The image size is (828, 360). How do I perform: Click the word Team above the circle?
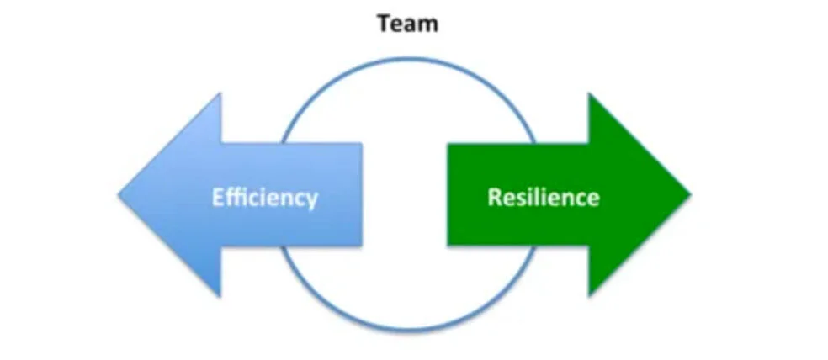408,24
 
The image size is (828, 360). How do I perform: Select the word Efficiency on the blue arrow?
264,198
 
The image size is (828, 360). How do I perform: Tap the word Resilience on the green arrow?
544,198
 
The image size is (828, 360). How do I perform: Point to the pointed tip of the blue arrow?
119,195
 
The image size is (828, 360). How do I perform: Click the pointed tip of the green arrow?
690,195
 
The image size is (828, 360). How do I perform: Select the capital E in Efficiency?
215,198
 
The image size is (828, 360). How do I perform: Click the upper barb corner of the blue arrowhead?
220,93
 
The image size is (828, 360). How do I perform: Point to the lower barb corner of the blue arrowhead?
220,297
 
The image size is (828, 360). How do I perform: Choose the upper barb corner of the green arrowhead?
589,93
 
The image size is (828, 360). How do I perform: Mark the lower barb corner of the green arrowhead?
589,297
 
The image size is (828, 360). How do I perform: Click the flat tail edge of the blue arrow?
361,194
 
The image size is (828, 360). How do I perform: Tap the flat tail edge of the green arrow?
448,194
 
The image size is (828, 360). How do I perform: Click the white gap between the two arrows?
405,194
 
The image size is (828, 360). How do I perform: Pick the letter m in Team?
428,25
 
